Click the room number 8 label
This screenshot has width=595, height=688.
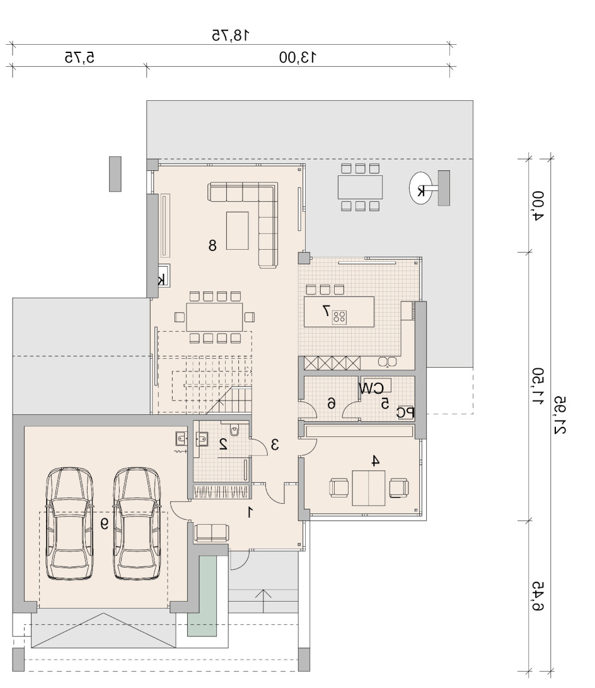click(212, 245)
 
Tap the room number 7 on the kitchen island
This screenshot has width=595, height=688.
click(326, 311)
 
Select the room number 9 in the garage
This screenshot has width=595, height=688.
click(105, 523)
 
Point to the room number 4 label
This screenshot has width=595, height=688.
click(375, 461)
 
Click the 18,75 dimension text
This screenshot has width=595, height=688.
click(231, 35)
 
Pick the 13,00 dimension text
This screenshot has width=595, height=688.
click(297, 57)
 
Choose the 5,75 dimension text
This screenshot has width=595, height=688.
click(79, 57)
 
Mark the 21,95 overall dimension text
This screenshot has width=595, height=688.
click(560, 416)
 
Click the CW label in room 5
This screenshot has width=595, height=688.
click(371, 388)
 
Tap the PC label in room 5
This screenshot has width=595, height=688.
click(405, 412)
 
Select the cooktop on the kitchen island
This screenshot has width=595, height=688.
click(339, 317)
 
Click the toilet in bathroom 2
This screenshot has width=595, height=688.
click(234, 431)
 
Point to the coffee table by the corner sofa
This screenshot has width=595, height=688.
click(238, 230)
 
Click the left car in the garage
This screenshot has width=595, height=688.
click(70, 523)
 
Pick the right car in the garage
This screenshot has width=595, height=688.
click(137, 523)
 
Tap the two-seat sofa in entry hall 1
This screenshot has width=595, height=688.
click(211, 533)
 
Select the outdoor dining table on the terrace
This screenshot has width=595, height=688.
click(360, 187)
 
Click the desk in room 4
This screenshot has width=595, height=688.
click(368, 488)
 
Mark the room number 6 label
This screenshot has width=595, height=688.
click(332, 403)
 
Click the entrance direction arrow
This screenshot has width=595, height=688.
click(263, 601)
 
